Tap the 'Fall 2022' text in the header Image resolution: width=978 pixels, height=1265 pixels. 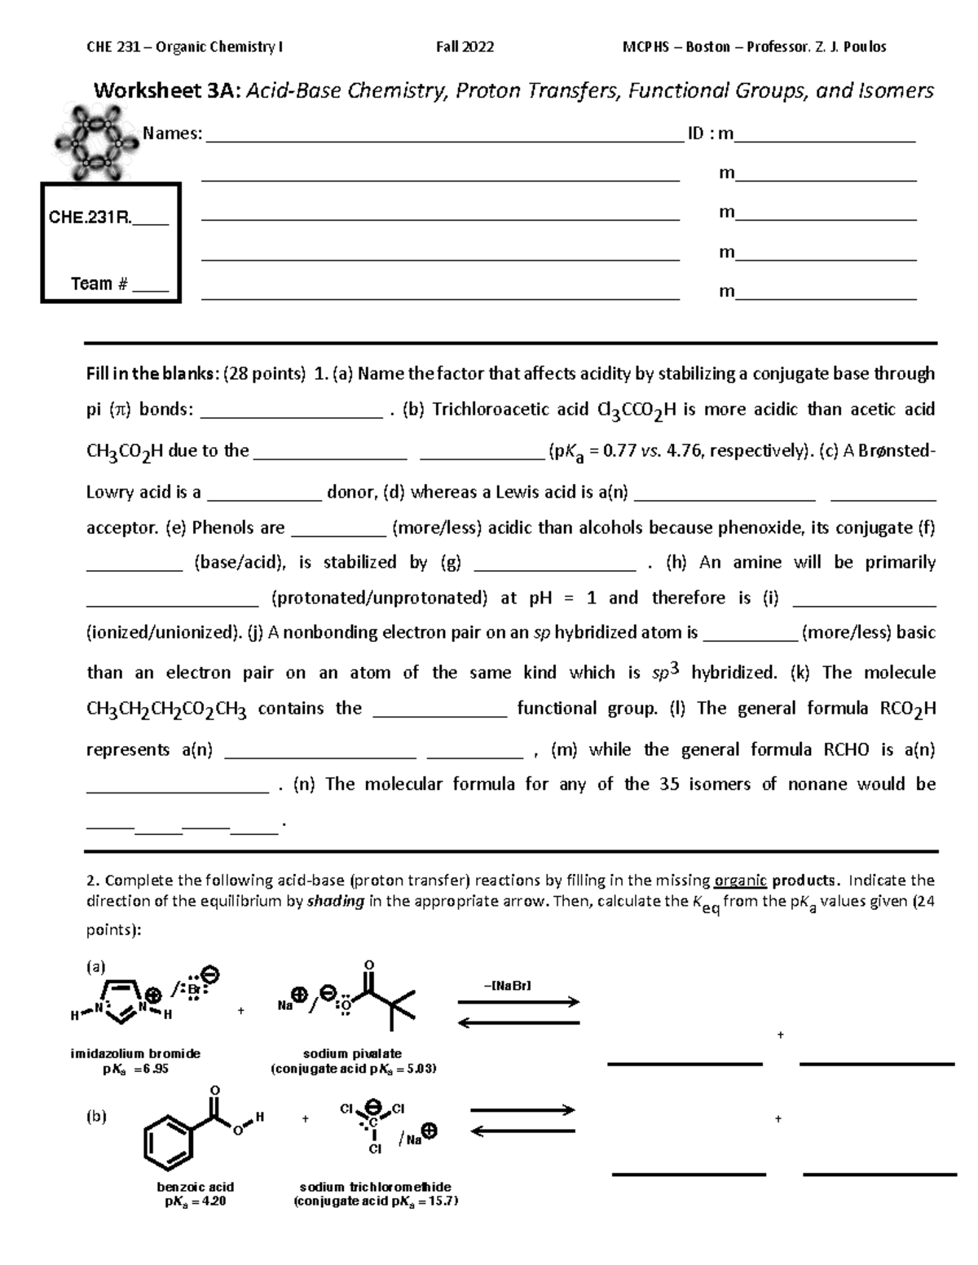(x=465, y=47)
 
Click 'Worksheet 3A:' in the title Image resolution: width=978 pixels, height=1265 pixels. (x=167, y=90)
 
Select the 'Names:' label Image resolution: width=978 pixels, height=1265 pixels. (x=173, y=134)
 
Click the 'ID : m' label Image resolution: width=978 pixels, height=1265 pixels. (x=711, y=134)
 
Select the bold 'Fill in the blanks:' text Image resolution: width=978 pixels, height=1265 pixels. (x=152, y=374)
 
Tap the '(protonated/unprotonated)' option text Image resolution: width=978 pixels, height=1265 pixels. (x=379, y=598)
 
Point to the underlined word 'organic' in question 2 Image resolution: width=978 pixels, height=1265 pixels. (x=740, y=881)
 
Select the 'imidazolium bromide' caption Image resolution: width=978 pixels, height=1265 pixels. (x=135, y=1053)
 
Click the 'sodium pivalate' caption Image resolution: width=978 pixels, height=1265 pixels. (x=352, y=1053)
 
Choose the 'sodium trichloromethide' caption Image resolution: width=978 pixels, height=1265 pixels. (x=375, y=1187)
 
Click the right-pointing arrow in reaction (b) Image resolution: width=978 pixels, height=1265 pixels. (x=522, y=1110)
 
